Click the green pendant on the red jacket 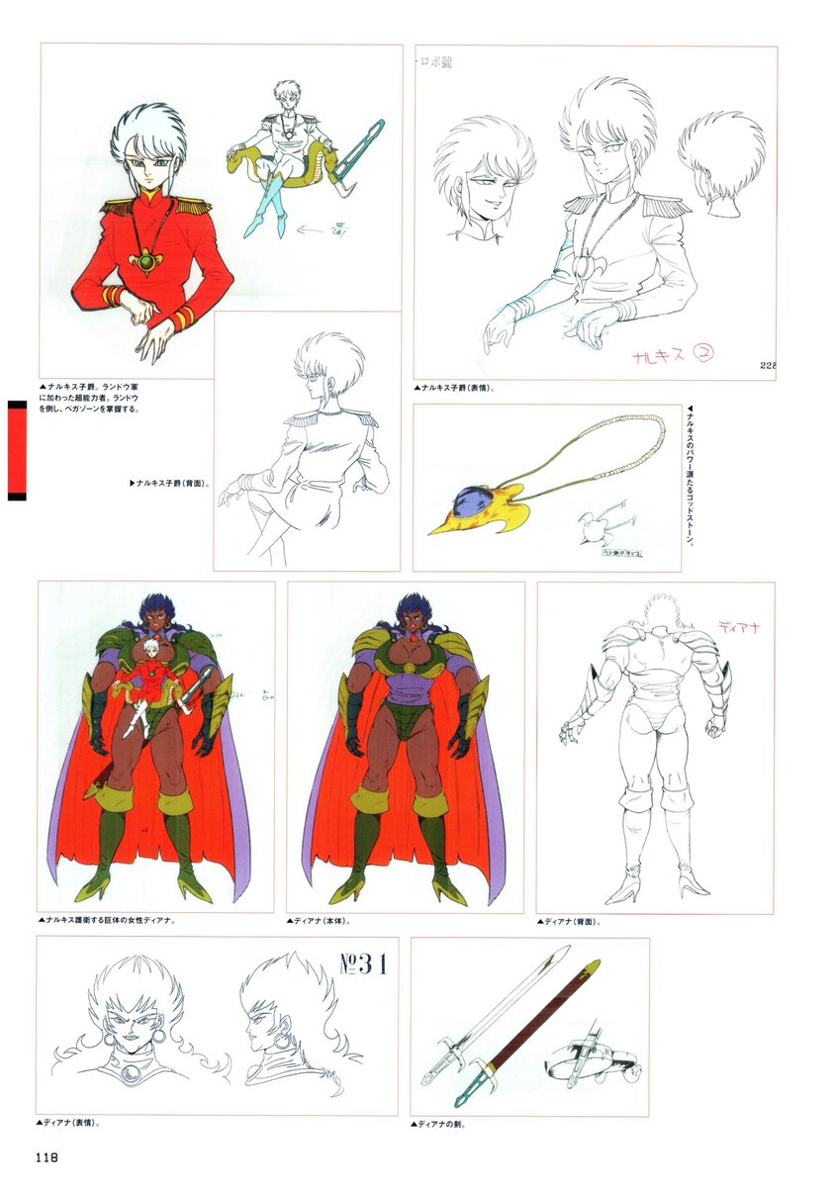click(x=150, y=263)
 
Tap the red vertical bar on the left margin click(x=16, y=450)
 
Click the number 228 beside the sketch click(x=767, y=365)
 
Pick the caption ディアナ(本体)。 click(x=321, y=921)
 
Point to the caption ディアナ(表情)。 click(x=71, y=1123)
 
